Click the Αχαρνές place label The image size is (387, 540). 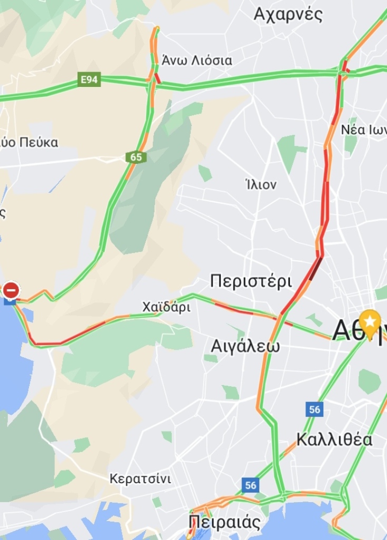pos(288,14)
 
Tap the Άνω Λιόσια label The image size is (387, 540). pos(197,60)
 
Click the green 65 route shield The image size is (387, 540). pos(136,156)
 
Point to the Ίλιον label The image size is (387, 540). pos(261,185)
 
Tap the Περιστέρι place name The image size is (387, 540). pos(251,281)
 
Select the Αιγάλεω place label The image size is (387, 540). pos(245,346)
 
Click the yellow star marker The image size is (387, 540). pos(371,321)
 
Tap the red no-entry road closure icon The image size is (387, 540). pos(11,290)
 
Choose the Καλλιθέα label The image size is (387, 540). pos(334,439)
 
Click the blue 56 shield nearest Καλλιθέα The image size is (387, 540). pos(315,409)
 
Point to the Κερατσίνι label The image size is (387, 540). pos(140,479)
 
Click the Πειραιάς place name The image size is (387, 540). pos(225,523)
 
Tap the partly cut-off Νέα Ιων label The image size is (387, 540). pos(364,130)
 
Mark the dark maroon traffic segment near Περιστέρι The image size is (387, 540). pos(315,269)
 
